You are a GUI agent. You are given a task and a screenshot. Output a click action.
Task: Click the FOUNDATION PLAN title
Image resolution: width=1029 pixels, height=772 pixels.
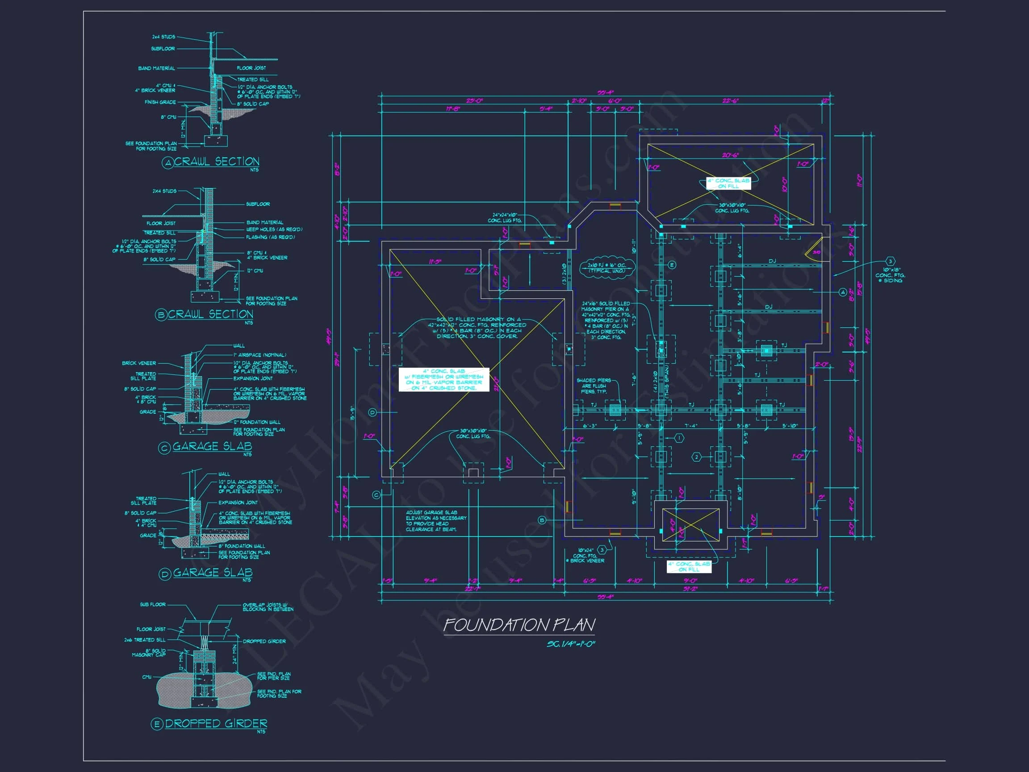pos(519,625)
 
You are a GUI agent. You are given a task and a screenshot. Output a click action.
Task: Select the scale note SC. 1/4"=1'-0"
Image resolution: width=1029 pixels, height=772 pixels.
pos(570,644)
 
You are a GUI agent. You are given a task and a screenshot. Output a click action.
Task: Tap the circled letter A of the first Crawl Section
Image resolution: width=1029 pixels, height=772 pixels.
pos(167,163)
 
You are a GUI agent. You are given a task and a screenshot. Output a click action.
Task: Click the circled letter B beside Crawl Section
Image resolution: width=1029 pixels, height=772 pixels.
pos(161,315)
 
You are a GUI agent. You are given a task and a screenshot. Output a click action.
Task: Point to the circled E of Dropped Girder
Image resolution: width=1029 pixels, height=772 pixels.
pos(157,724)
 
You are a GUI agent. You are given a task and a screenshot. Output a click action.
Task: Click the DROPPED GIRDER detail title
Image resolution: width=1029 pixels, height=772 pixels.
pos(216,723)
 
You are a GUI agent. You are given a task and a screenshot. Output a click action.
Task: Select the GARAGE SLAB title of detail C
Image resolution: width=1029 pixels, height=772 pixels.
pos(212,446)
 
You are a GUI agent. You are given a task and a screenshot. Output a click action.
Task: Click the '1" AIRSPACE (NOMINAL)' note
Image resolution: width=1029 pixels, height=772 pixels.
pos(259,355)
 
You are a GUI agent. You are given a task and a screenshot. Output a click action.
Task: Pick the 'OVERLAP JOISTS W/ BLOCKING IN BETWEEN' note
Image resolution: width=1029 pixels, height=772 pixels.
pos(268,607)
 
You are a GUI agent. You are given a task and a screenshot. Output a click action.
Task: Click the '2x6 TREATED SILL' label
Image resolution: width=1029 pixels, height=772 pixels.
pos(145,640)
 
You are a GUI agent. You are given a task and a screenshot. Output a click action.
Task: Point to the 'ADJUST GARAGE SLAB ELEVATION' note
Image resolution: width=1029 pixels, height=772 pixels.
pos(435,521)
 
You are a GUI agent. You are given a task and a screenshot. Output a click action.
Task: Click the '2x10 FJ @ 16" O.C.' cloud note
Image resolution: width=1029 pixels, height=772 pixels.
pos(607,268)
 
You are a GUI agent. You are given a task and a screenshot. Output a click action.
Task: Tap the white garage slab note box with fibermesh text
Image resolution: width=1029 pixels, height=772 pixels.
pos(444,379)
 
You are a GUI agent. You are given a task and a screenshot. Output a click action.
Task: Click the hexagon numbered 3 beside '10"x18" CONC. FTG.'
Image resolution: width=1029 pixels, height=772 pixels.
pos(890,261)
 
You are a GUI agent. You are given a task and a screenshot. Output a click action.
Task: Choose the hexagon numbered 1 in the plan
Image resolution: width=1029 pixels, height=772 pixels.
pos(679,438)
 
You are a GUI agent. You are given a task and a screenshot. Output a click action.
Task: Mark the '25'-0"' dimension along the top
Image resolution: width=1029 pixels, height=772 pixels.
pos(474,101)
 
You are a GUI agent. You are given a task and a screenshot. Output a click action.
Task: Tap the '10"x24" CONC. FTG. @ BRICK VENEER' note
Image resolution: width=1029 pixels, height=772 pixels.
pos(585,555)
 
